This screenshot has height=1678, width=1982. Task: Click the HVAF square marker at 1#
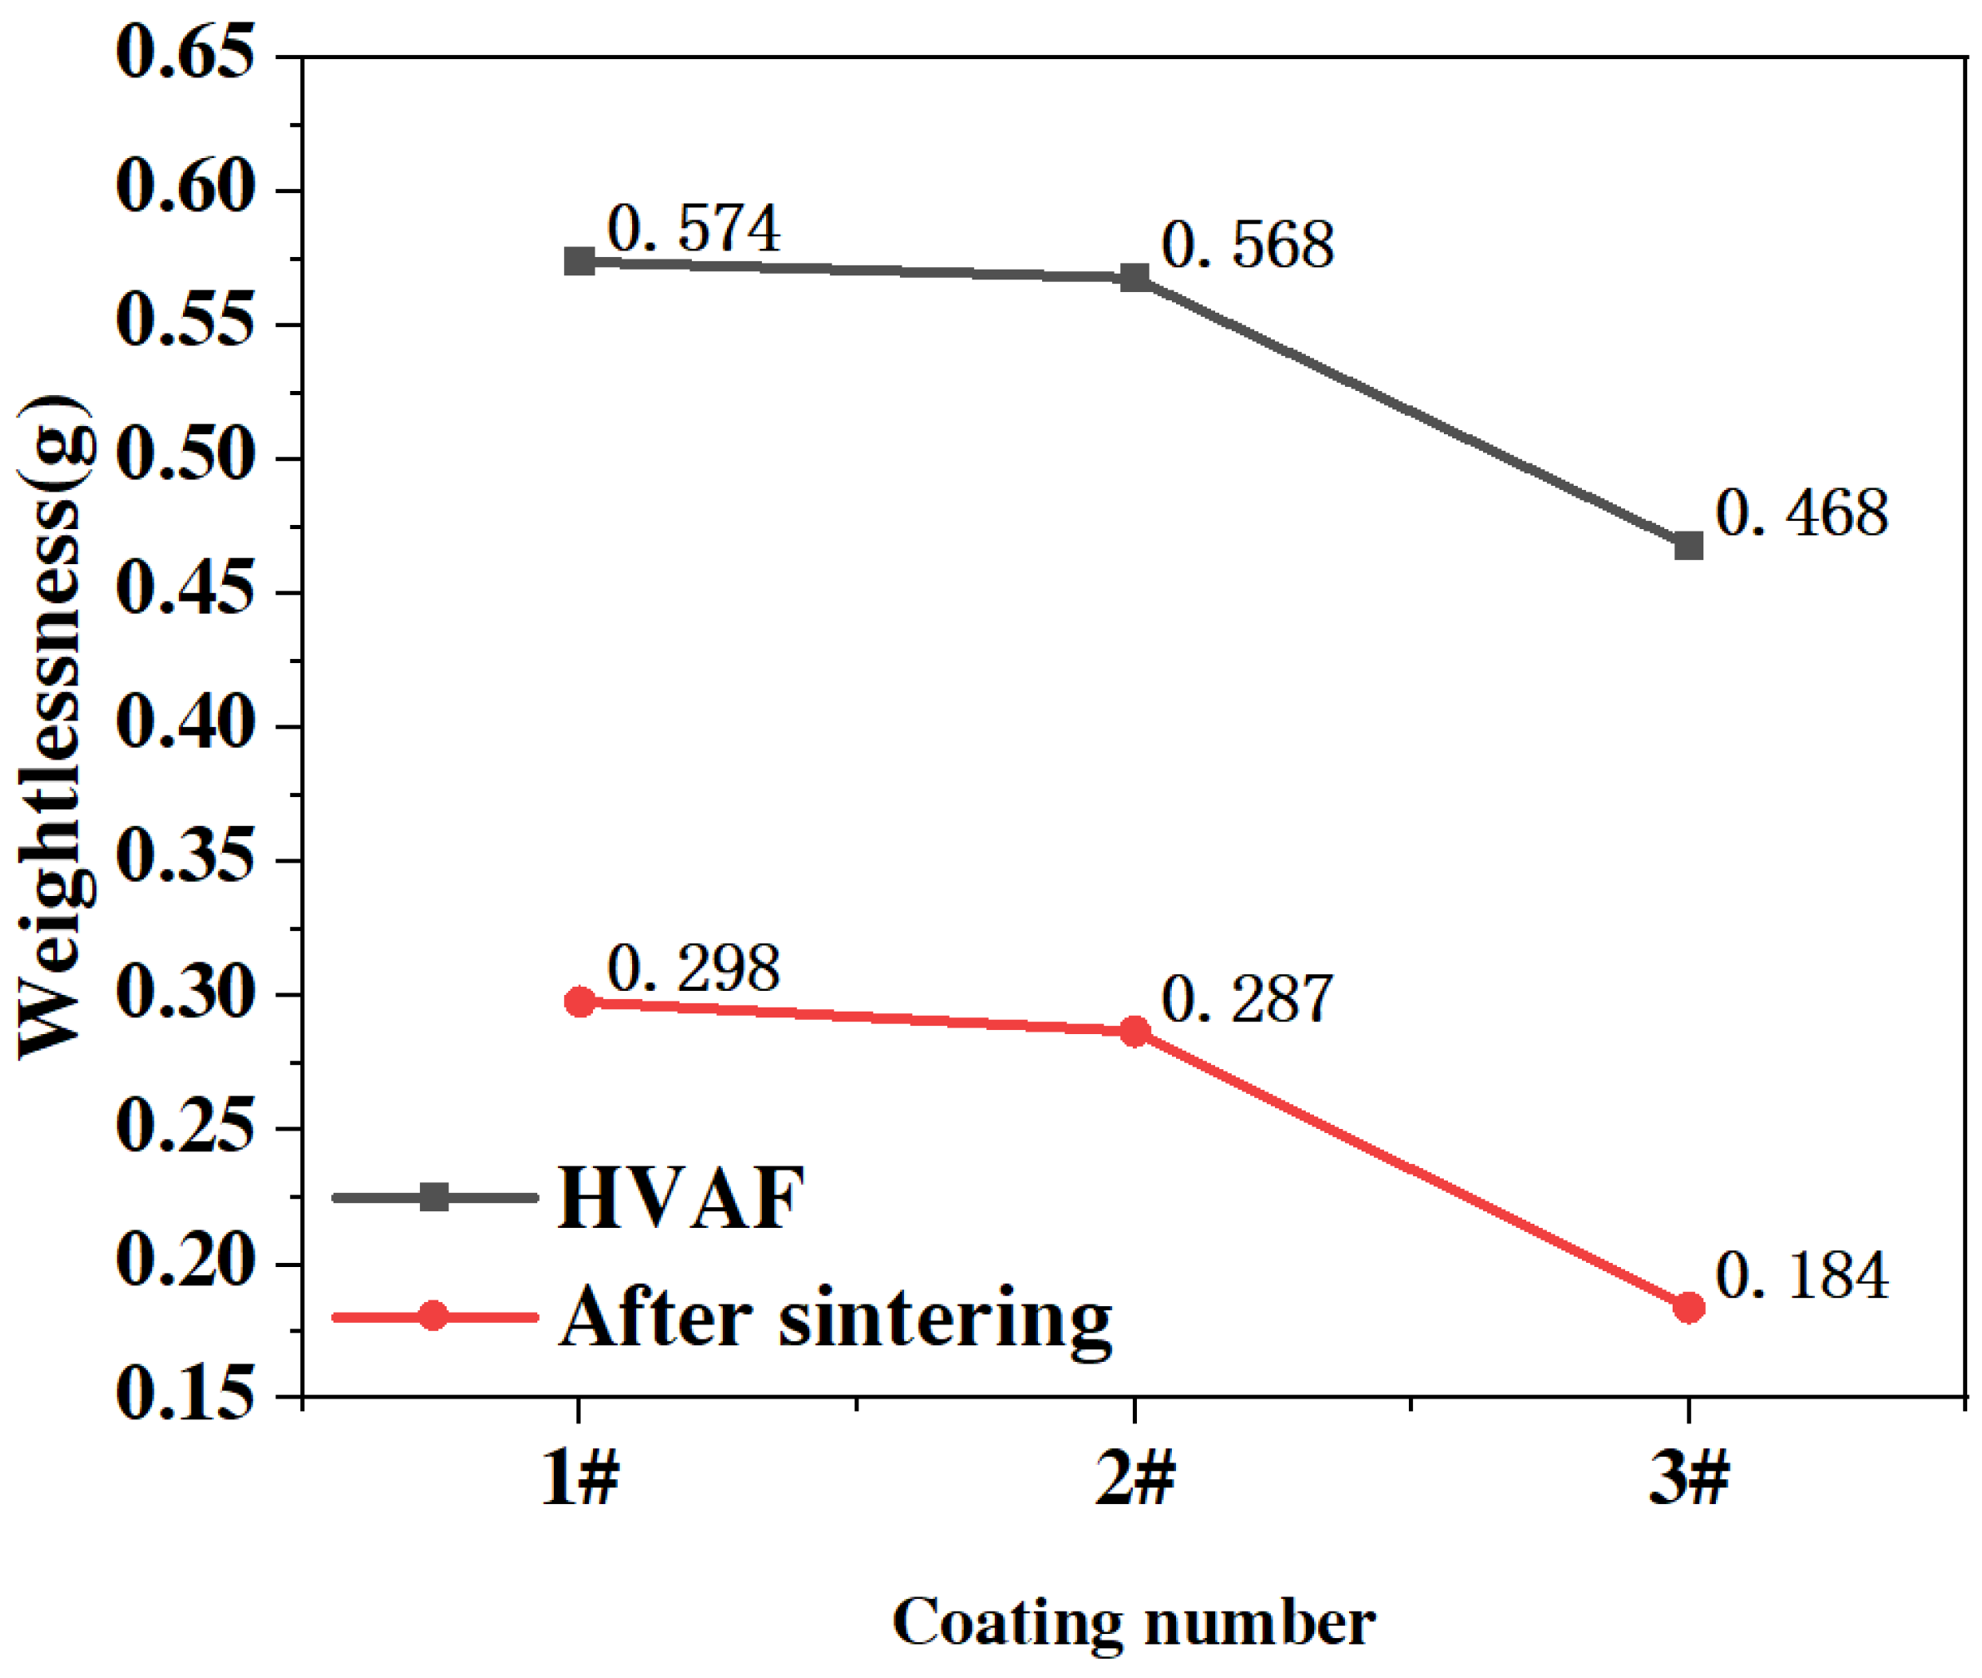pos(579,260)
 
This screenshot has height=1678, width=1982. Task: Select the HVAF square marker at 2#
pos(1134,278)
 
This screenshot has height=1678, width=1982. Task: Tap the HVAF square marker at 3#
pos(1688,546)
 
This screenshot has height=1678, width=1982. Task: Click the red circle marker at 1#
pos(579,1001)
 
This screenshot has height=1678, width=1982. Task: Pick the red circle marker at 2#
pos(1134,1031)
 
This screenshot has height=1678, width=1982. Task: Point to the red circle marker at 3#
pos(1688,1307)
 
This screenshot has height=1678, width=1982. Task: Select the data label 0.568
pos(1247,245)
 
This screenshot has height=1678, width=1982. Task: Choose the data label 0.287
pos(1247,1000)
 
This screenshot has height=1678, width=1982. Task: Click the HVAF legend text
pos(681,1199)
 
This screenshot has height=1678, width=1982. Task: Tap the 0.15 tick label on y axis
pos(185,1394)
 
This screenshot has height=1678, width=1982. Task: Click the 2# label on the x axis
pos(1134,1480)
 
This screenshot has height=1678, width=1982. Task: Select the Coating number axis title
pos(1133,1622)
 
